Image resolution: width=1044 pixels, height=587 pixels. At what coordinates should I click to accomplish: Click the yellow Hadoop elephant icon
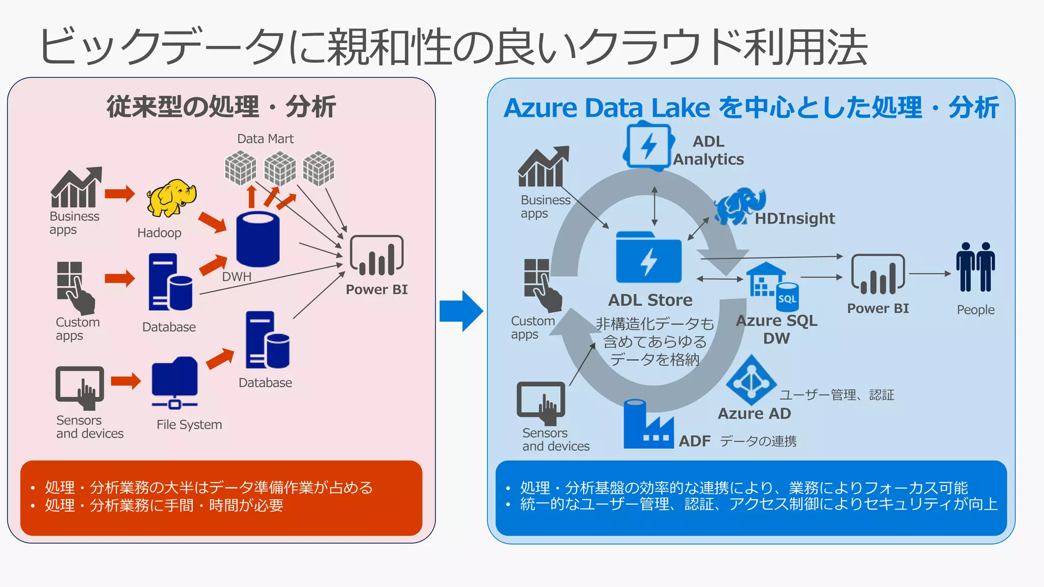click(171, 198)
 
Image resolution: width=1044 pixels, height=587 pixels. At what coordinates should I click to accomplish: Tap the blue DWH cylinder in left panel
click(258, 239)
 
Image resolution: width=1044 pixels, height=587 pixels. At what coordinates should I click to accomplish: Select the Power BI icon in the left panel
click(376, 256)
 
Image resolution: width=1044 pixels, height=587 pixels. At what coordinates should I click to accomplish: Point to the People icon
click(975, 268)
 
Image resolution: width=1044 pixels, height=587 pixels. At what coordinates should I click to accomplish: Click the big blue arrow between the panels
click(461, 311)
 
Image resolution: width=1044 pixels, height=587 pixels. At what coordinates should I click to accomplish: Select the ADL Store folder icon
click(648, 258)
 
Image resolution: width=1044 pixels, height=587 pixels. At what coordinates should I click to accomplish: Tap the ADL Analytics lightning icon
click(648, 146)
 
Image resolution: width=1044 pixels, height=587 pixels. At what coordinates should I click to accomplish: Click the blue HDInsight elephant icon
click(740, 206)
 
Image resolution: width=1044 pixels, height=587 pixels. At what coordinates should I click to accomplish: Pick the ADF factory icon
click(647, 425)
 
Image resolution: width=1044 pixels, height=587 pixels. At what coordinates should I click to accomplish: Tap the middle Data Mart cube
click(279, 169)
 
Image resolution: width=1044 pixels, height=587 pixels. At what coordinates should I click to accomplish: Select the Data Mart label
click(265, 139)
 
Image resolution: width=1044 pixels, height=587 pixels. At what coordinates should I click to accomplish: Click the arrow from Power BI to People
click(929, 274)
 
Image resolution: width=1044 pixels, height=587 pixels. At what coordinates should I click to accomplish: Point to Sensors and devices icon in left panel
click(80, 387)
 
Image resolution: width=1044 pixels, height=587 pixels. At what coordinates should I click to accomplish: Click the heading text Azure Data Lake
click(607, 108)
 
